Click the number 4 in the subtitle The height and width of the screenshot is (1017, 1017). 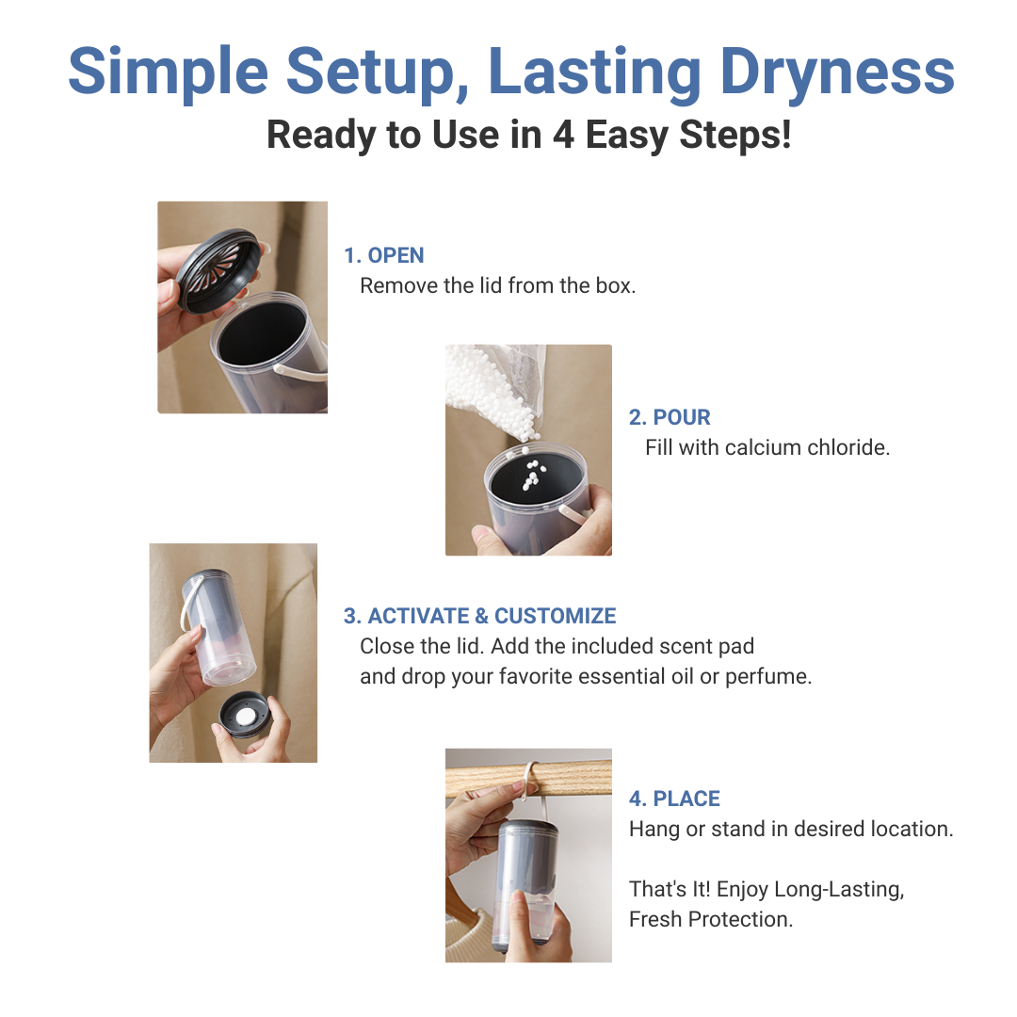click(x=563, y=135)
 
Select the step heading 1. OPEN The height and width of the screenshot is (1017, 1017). click(x=383, y=255)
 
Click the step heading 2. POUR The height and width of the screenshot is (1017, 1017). click(x=670, y=417)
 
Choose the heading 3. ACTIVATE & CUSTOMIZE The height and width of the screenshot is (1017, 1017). click(x=479, y=616)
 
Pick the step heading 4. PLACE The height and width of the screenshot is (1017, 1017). click(x=674, y=799)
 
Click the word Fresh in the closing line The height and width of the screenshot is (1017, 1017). click(x=656, y=919)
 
